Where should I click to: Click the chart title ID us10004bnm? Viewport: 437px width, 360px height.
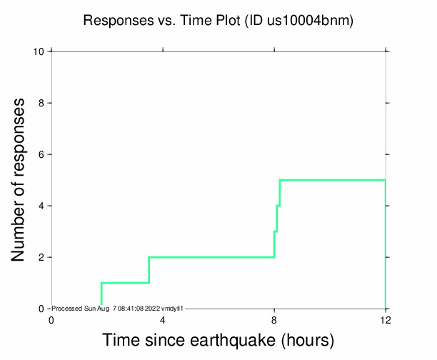point(300,21)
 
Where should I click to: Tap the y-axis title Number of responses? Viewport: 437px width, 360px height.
point(22,180)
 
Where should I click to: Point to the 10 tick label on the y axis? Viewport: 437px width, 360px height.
point(40,51)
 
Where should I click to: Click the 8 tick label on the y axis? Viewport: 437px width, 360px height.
point(43,103)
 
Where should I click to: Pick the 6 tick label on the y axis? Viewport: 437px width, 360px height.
point(43,154)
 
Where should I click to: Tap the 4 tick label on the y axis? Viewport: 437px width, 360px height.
point(43,206)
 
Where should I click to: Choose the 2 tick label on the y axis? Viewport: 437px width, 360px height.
point(43,257)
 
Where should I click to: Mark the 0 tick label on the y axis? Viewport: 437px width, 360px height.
point(43,309)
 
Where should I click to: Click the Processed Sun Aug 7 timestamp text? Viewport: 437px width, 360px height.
point(119,309)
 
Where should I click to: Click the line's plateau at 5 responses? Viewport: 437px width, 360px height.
point(332,180)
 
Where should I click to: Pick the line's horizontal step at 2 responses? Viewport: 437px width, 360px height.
point(211,257)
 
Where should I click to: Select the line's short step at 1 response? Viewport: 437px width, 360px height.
point(125,283)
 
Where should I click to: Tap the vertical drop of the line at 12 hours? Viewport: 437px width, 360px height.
point(386,243)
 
